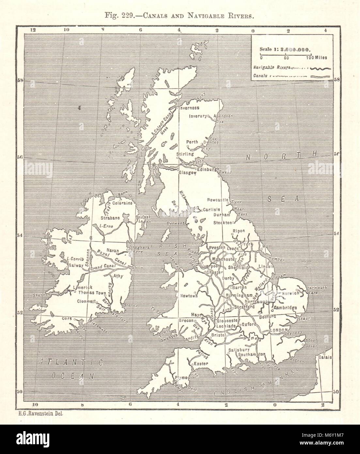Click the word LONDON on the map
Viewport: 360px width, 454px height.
coord(278,331)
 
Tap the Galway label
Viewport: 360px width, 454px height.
coord(76,265)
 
